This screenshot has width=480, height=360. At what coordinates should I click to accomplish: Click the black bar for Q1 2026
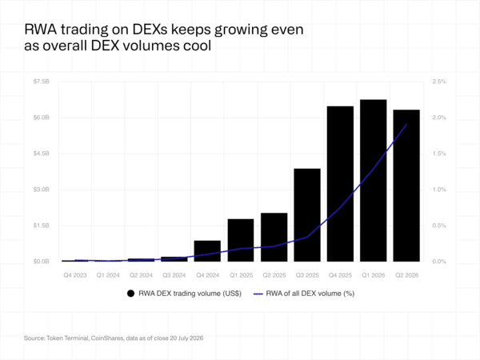[x=373, y=181]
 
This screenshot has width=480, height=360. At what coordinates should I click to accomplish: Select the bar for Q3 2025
[x=307, y=215]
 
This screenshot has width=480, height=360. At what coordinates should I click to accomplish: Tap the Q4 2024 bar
[x=207, y=251]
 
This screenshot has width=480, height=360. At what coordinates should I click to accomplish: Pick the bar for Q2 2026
[x=406, y=186]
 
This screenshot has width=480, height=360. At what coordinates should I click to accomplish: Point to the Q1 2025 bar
[x=241, y=240]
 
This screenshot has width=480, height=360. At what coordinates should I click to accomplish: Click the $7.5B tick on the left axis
[x=42, y=82]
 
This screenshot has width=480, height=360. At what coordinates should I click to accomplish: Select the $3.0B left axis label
[x=42, y=190]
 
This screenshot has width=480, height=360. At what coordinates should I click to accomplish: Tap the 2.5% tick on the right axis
[x=439, y=82]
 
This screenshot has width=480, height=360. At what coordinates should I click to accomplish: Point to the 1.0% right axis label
[x=439, y=190]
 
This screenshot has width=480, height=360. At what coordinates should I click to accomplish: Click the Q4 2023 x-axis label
[x=75, y=275]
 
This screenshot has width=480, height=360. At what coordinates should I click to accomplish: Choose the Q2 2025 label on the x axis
[x=274, y=275]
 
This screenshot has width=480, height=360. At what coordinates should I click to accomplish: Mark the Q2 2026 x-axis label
[x=406, y=275]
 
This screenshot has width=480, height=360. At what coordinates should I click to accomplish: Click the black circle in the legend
[x=130, y=294]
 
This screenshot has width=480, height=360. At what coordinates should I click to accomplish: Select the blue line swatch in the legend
[x=258, y=294]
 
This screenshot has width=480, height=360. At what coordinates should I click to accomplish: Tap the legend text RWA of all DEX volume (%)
[x=310, y=294]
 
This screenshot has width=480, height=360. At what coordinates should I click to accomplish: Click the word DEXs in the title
[x=150, y=30]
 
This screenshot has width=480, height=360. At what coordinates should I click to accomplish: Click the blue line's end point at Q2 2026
[x=406, y=124]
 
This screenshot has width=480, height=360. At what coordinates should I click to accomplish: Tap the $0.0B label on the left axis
[x=42, y=262]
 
